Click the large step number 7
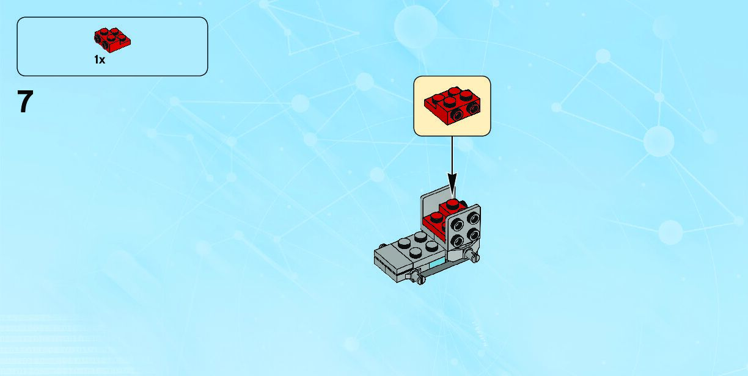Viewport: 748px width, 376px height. pyautogui.click(x=24, y=102)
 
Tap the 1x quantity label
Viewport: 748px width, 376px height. pyautogui.click(x=100, y=60)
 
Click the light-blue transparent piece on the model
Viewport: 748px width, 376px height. pyautogui.click(x=439, y=264)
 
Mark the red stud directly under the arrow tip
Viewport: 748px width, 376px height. pyautogui.click(x=452, y=203)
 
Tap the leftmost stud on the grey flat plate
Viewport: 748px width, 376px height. pyautogui.click(x=404, y=242)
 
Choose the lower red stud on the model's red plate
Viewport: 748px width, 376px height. pyautogui.click(x=436, y=217)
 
